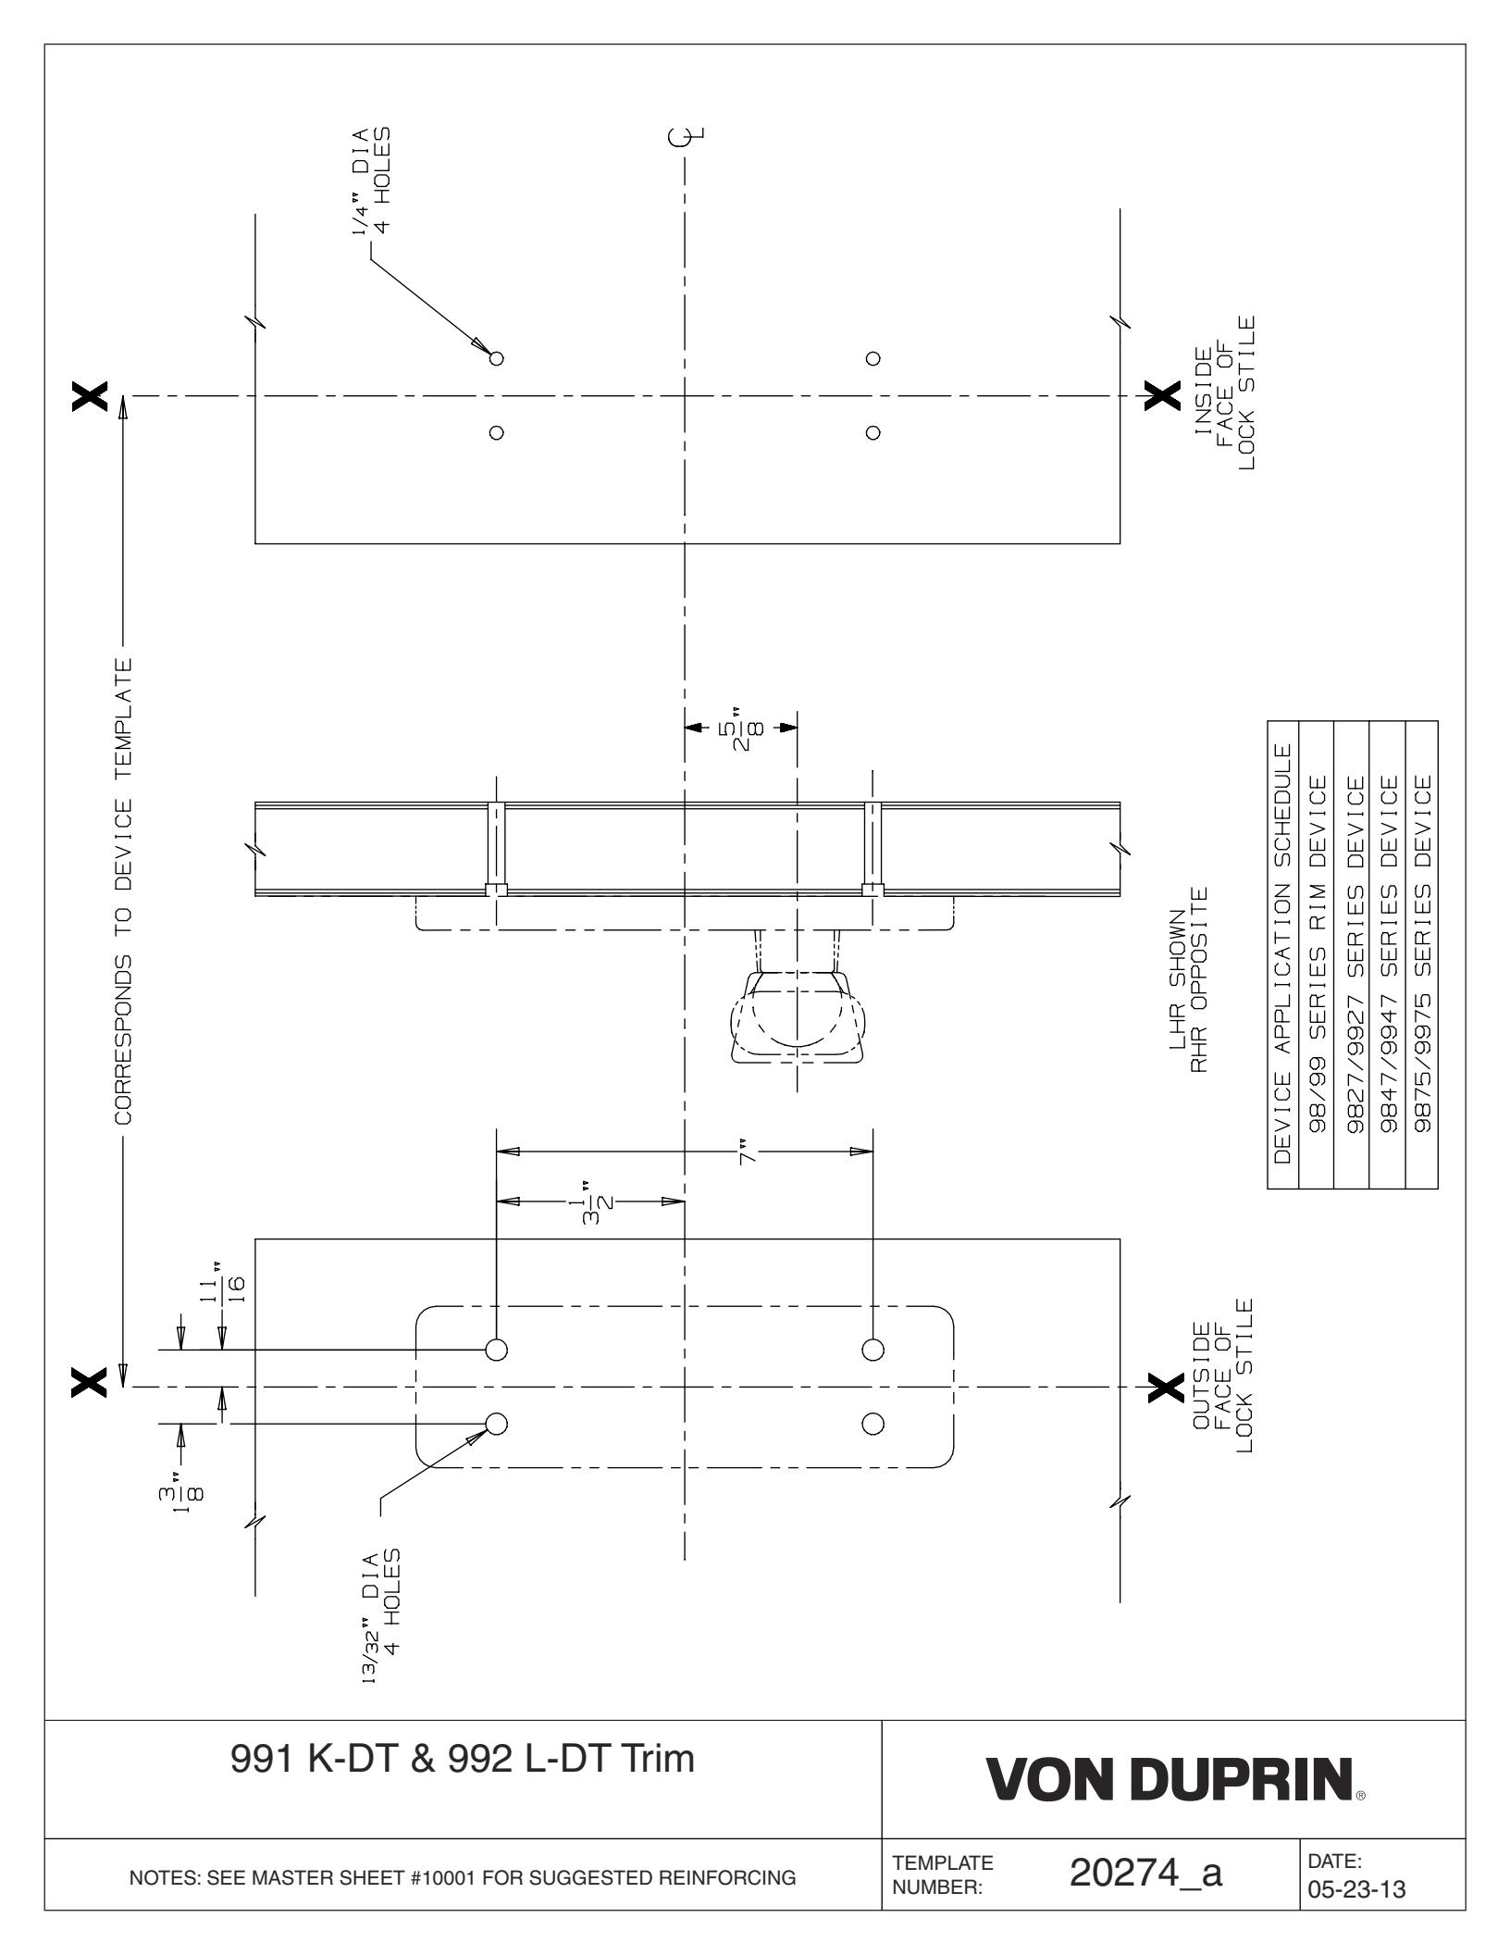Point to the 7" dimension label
click(x=748, y=1152)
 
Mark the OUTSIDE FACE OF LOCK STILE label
click(x=1225, y=1376)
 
